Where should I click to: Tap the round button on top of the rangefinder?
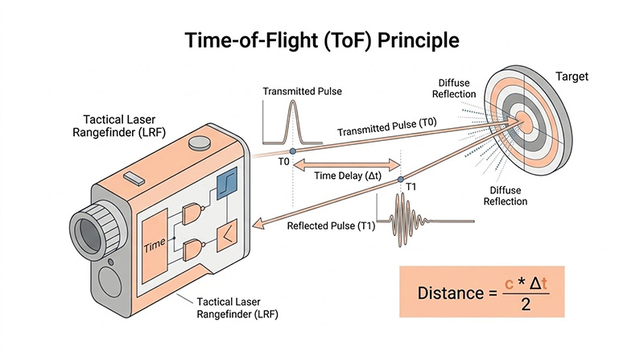[x=198, y=145]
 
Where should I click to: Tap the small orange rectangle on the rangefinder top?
[x=134, y=176]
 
